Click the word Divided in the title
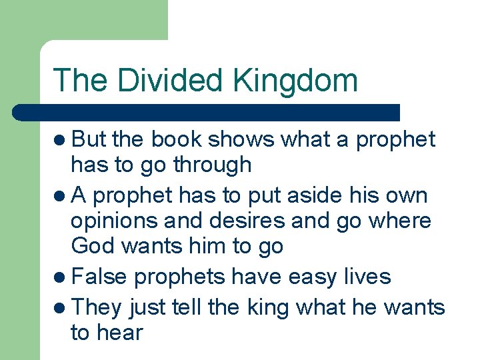coord(163,81)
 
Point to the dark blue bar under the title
coord(207,113)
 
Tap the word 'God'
coord(93,246)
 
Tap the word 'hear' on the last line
coord(121,333)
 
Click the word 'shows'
coord(241,139)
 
